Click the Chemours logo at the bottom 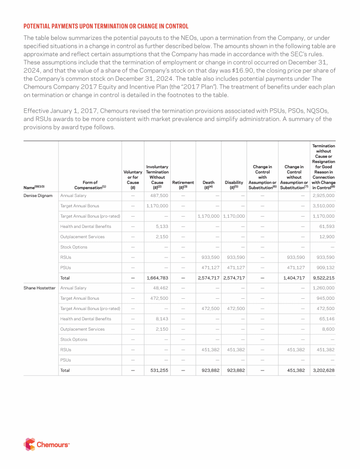point(46,444)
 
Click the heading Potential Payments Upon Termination point(106,26)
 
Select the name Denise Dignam point(38,196)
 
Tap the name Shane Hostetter point(39,288)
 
